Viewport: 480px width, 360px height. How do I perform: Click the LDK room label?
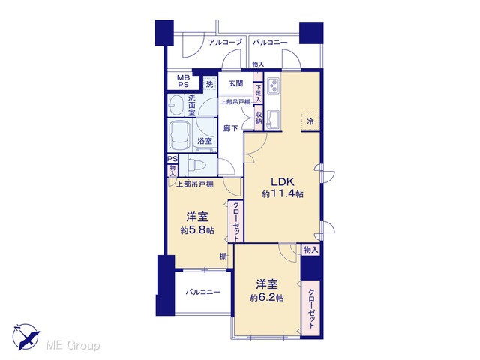pyautogui.click(x=282, y=181)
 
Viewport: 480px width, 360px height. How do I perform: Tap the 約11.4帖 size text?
pyautogui.click(x=283, y=193)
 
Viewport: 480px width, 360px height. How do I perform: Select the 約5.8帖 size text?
pyautogui.click(x=197, y=230)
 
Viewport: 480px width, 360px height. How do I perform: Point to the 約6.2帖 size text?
pyautogui.click(x=267, y=297)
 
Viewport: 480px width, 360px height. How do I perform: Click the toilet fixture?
pyautogui.click(x=196, y=165)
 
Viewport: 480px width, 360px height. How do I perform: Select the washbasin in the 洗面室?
pyautogui.click(x=175, y=105)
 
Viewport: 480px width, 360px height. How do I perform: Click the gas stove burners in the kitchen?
pyautogui.click(x=273, y=85)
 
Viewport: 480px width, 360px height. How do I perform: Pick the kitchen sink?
pyautogui.click(x=273, y=118)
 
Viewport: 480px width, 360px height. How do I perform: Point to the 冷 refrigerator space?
pyautogui.click(x=310, y=121)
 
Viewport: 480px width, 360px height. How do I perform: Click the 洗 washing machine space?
pyautogui.click(x=209, y=84)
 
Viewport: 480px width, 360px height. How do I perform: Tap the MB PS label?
pyautogui.click(x=184, y=81)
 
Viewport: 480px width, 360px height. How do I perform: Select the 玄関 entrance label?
pyautogui.click(x=236, y=82)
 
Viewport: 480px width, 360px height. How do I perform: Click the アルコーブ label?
pyautogui.click(x=225, y=42)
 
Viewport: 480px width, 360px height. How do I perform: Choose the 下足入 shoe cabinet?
pyautogui.click(x=258, y=93)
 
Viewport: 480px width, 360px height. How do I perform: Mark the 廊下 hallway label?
pyautogui.click(x=230, y=128)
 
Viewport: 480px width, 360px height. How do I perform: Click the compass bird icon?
pyautogui.click(x=26, y=337)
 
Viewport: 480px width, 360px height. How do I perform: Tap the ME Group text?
pyautogui.click(x=73, y=346)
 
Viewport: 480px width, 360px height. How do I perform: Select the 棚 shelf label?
pyautogui.click(x=223, y=256)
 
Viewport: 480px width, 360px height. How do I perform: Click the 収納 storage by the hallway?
pyautogui.click(x=259, y=117)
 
